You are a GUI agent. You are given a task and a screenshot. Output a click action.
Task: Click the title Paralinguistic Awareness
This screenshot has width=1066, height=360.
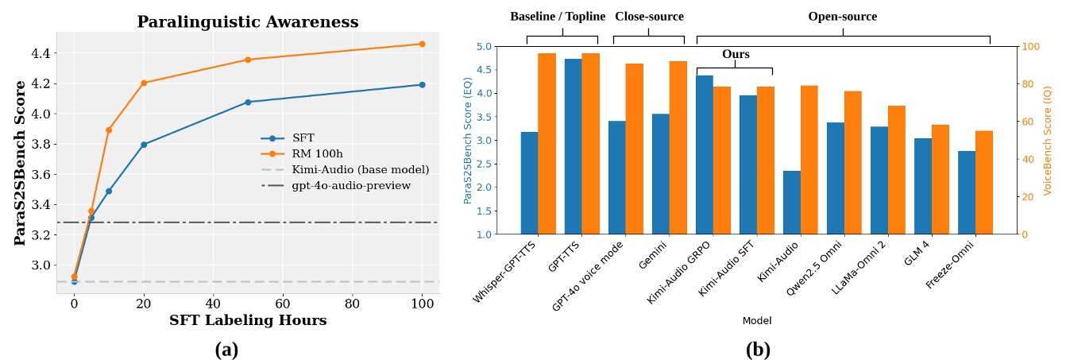click(x=247, y=22)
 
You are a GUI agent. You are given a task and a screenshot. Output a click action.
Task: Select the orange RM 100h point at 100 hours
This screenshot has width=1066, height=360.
click(x=422, y=44)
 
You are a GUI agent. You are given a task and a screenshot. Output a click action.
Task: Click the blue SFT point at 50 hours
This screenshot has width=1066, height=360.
click(x=248, y=102)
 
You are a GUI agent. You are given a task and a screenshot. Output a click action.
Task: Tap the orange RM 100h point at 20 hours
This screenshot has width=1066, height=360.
click(x=144, y=83)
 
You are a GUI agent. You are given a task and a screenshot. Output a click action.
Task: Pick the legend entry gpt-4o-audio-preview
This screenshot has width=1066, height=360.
click(x=350, y=186)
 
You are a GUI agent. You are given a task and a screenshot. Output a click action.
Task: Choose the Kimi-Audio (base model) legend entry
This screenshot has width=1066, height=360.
click(x=360, y=170)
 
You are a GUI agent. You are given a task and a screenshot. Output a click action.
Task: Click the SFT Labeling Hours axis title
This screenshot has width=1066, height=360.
click(x=247, y=320)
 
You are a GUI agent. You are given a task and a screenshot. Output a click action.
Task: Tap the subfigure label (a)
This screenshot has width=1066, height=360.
click(x=226, y=349)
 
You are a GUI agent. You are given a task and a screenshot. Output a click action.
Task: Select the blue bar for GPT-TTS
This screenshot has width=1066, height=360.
click(x=574, y=146)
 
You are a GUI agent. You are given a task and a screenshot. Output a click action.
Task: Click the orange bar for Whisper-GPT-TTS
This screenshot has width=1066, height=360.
click(x=547, y=144)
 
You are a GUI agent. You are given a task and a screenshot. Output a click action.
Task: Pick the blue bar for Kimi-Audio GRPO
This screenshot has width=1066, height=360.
click(x=705, y=155)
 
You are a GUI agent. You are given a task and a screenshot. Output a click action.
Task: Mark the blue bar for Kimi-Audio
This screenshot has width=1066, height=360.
click(x=792, y=203)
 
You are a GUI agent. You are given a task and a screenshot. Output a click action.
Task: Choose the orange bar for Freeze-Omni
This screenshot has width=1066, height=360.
click(x=984, y=183)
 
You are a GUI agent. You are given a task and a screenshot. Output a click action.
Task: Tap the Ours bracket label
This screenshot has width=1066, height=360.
click(x=736, y=55)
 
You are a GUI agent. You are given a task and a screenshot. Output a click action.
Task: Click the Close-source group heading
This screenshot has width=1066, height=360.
click(x=649, y=17)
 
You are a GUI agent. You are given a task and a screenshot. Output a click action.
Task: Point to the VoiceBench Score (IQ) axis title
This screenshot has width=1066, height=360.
click(x=1047, y=140)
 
